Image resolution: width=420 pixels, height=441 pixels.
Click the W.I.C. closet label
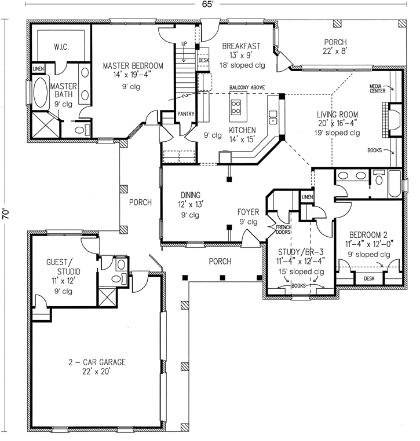(62, 46)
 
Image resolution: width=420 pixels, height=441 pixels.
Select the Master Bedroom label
(133, 66)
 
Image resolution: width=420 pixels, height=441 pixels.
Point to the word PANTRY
(185, 114)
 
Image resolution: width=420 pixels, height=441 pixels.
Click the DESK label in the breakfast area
(203, 60)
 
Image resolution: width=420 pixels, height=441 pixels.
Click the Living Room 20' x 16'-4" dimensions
(340, 123)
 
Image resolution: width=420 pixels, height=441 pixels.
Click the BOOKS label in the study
(300, 286)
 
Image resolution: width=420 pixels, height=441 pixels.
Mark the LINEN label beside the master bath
(38, 70)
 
